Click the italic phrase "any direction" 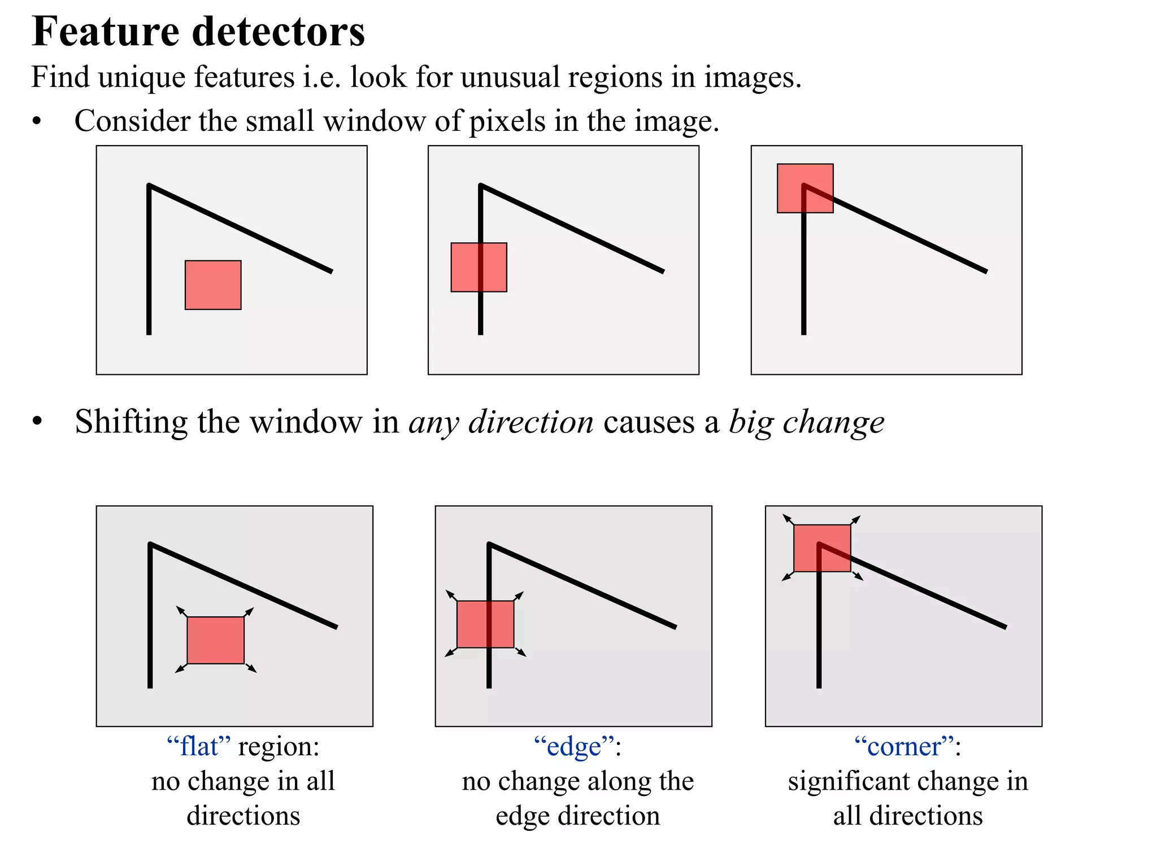click(x=501, y=422)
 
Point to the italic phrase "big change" click(x=806, y=422)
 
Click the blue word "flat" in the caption click(x=199, y=747)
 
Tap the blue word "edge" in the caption click(x=574, y=747)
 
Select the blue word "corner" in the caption click(x=904, y=747)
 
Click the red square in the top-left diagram click(x=213, y=285)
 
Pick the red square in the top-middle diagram click(x=479, y=267)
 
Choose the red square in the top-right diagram click(x=805, y=188)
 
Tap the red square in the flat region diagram click(x=215, y=640)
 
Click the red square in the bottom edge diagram click(x=485, y=624)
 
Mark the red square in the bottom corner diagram click(x=822, y=548)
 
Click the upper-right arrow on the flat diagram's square click(x=249, y=612)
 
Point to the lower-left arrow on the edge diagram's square click(x=451, y=653)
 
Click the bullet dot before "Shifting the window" click(x=37, y=422)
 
